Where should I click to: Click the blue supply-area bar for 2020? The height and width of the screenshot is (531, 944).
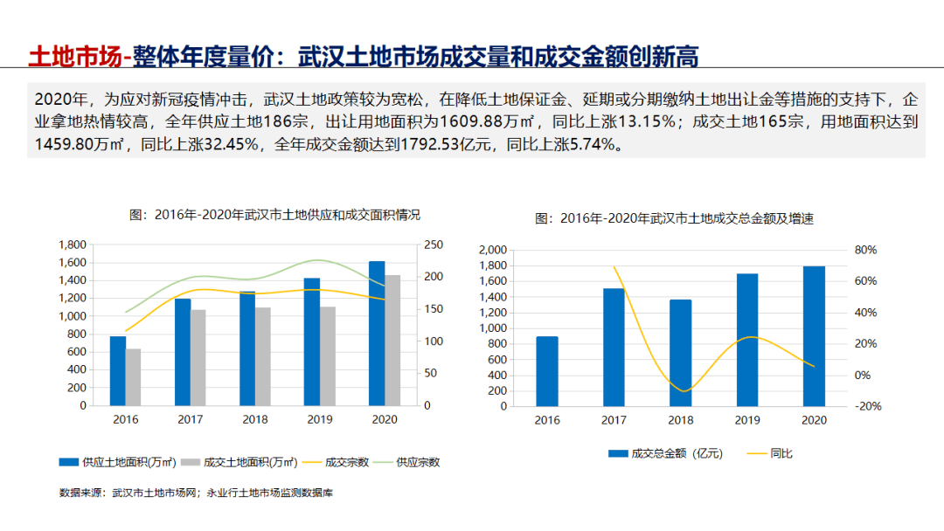pyautogui.click(x=377, y=334)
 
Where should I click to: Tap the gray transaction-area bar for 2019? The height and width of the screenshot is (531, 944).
pyautogui.click(x=328, y=356)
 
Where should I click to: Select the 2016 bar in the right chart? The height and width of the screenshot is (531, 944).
pyautogui.click(x=547, y=371)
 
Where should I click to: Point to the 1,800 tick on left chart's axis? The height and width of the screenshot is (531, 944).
pyautogui.click(x=73, y=245)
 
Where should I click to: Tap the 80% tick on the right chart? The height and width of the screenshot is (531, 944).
pyautogui.click(x=865, y=250)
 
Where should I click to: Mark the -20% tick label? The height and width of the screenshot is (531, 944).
pyautogui.click(x=865, y=406)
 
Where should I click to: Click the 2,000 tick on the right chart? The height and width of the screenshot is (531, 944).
pyautogui.click(x=493, y=250)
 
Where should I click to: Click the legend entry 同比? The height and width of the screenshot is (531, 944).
pyautogui.click(x=781, y=453)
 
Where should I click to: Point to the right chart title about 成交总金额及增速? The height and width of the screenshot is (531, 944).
pyautogui.click(x=674, y=218)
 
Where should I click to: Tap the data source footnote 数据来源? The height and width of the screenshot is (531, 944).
pyautogui.click(x=196, y=493)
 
